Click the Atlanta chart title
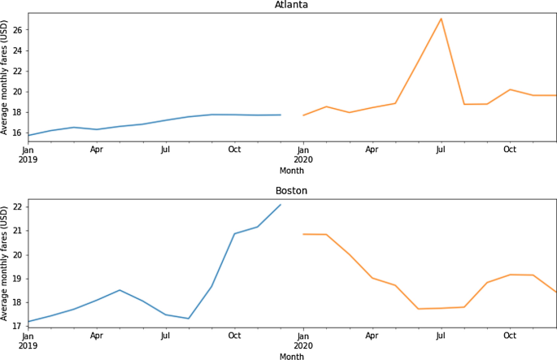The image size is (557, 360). (292, 5)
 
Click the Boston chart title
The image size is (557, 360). (292, 191)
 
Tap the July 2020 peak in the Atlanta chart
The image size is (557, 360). (441, 18)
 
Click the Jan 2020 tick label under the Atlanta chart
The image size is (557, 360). (303, 154)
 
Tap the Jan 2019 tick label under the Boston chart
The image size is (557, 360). (28, 340)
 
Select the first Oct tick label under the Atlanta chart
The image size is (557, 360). (234, 150)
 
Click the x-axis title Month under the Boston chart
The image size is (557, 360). (292, 356)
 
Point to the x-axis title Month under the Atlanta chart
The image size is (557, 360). (292, 171)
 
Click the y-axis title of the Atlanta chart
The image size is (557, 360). (6, 77)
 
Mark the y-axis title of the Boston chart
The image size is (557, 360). (6, 263)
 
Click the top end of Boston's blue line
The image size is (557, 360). (281, 204)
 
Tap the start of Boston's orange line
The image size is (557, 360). (303, 234)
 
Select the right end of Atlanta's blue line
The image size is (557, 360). (281, 115)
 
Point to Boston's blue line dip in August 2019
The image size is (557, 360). (189, 319)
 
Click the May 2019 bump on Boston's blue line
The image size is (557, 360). (120, 290)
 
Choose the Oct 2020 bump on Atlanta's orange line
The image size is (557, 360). (510, 89)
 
